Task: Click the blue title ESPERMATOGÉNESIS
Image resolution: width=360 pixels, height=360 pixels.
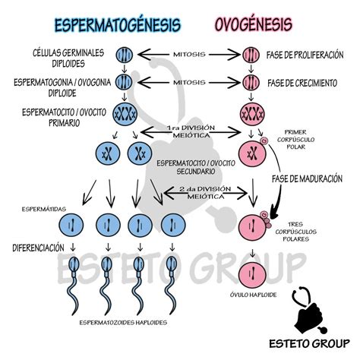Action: point(118,25)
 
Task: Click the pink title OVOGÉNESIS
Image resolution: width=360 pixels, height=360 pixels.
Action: point(254,24)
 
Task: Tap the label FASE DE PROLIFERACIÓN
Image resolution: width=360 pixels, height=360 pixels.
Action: point(305,55)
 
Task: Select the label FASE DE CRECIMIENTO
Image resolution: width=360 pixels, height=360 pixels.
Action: point(302,83)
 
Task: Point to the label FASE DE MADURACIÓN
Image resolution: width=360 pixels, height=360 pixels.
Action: point(307,178)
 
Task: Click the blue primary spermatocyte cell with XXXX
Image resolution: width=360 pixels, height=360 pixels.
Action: point(125,114)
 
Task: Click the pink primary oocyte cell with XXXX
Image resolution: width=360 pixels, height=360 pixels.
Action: point(252,114)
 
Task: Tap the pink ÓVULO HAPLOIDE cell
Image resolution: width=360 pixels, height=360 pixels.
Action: point(252,275)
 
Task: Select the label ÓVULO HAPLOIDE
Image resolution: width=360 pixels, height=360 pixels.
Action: point(253,295)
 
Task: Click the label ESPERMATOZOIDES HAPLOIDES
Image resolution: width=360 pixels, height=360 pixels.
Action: point(123,323)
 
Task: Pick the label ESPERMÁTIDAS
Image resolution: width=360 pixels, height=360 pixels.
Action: point(44,209)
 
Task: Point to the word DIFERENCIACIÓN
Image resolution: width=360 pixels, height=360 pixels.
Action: point(38,248)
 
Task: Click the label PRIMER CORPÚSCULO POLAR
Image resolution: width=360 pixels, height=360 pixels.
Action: point(295,139)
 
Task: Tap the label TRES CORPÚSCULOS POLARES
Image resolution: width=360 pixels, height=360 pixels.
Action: point(295,232)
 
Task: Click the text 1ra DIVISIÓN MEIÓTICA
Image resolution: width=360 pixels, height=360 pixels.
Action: point(191,131)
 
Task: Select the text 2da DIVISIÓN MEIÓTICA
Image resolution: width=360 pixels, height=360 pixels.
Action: point(205,193)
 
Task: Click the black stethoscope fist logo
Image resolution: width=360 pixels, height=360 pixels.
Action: point(309,311)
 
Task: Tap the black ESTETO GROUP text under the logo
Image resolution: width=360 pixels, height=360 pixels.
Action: point(309,343)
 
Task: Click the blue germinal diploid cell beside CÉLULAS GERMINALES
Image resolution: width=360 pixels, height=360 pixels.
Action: point(125,55)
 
